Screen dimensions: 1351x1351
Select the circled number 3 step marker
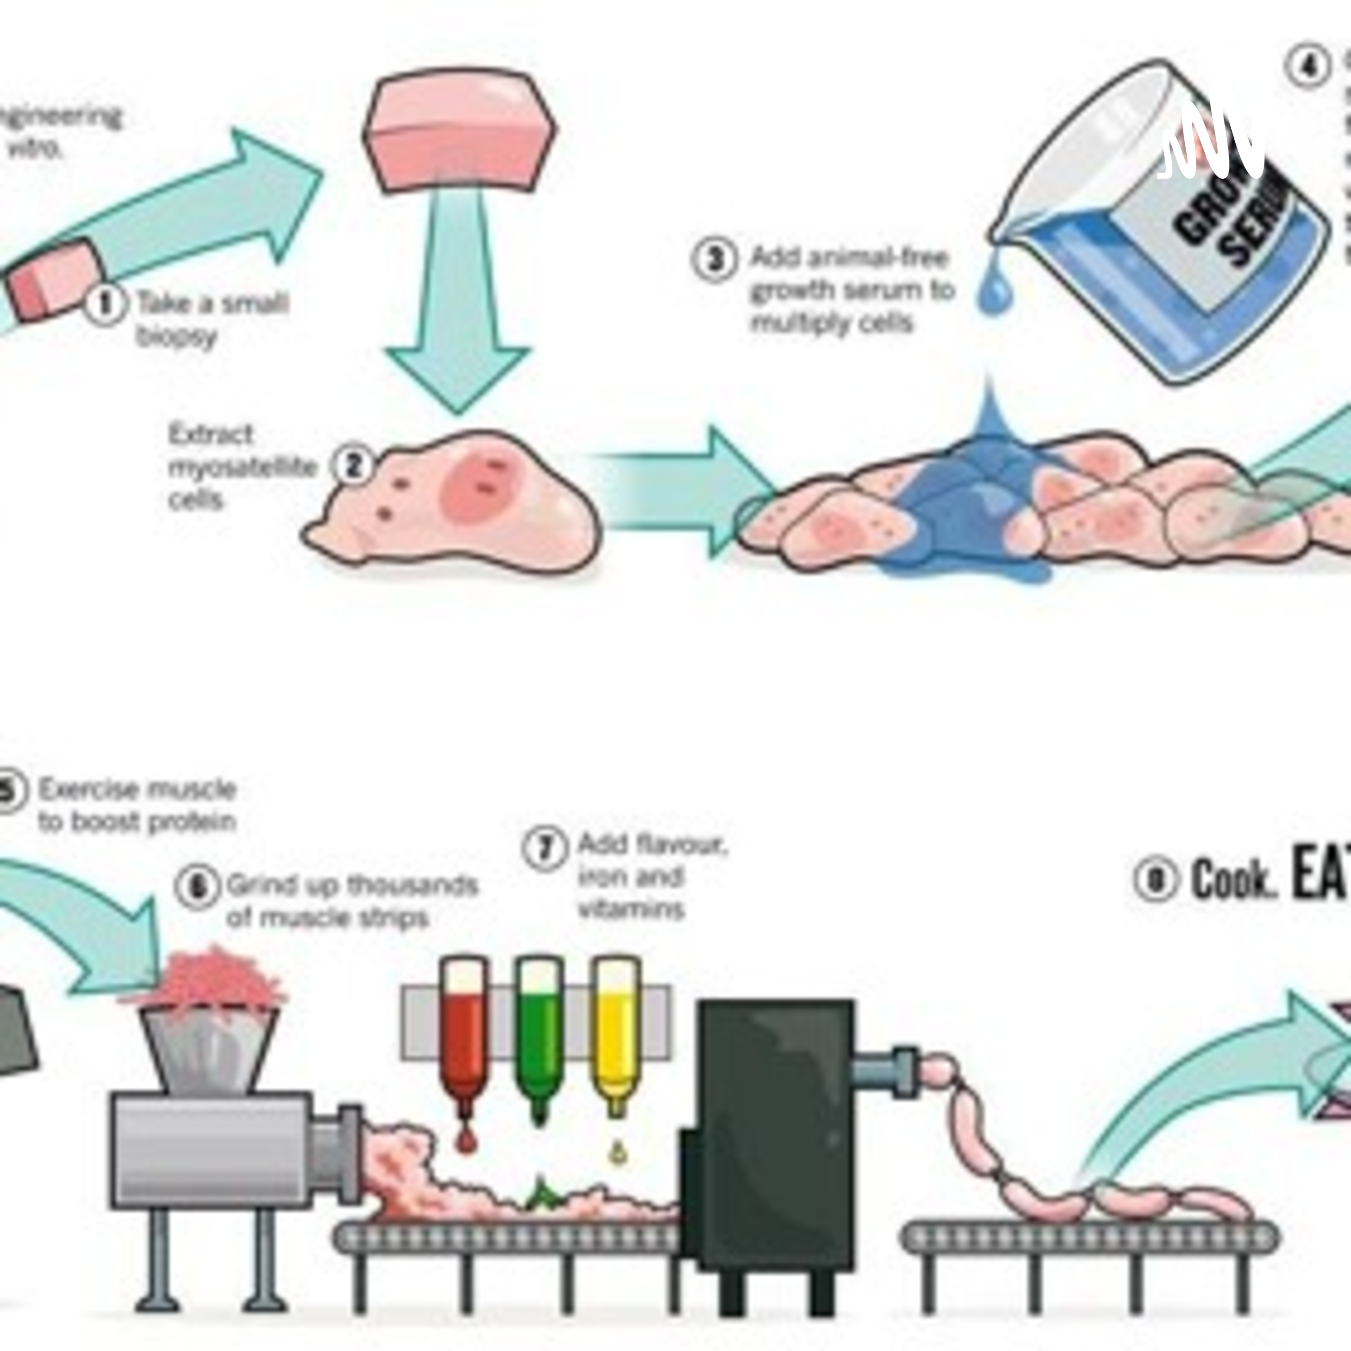(715, 259)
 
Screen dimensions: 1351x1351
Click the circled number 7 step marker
(544, 848)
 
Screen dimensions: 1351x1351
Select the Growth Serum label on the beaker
(1231, 210)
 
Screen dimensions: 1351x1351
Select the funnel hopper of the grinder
(208, 1049)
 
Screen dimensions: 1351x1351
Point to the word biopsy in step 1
(176, 337)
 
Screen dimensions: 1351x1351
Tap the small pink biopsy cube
(56, 283)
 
